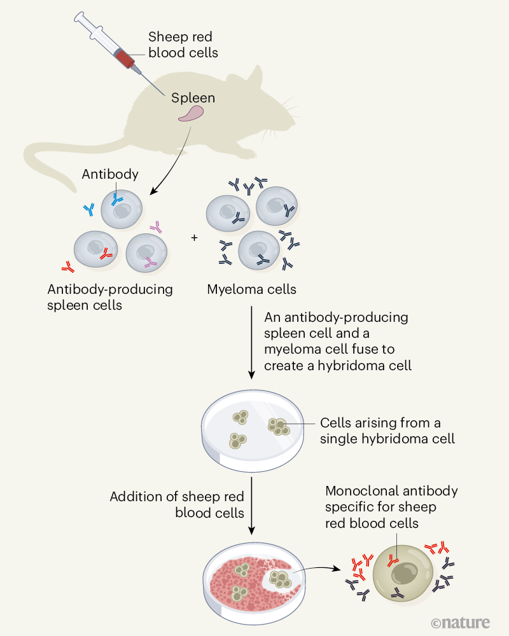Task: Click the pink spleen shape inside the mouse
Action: [191, 114]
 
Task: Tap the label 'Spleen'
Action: [193, 98]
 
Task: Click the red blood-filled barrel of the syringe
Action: [125, 59]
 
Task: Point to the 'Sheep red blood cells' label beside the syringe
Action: [183, 45]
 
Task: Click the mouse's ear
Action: [252, 80]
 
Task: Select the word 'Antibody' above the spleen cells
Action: [110, 174]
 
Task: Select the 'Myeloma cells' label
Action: [251, 289]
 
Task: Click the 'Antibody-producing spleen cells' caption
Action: [110, 297]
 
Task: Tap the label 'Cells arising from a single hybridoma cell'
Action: [387, 431]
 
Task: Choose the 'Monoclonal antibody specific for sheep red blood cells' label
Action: [391, 508]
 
